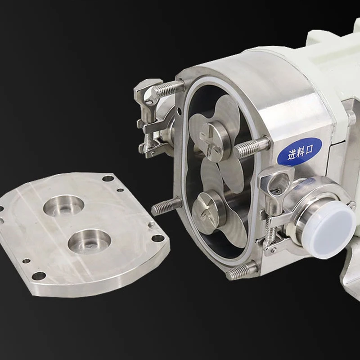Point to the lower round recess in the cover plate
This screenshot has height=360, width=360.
89,241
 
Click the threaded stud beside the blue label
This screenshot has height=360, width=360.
252,147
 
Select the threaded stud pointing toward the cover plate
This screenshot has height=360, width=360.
166,207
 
